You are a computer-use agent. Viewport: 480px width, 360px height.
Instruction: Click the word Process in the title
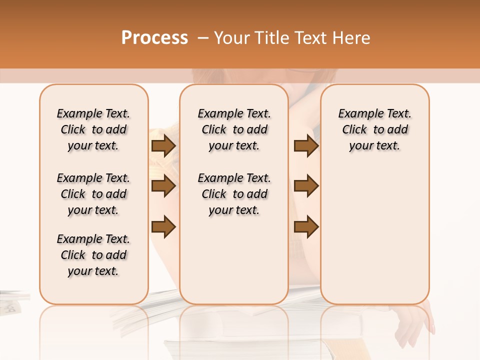click(154, 38)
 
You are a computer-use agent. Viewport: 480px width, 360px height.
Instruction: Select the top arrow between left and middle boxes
click(163, 146)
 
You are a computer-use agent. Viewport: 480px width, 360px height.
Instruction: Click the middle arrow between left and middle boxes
click(163, 186)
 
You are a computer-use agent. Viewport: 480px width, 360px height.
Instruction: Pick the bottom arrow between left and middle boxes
click(163, 226)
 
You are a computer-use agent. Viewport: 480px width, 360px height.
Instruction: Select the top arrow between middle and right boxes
click(306, 146)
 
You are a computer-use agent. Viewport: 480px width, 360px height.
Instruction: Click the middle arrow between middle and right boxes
click(306, 186)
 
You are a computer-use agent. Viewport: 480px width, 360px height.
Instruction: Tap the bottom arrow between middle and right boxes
click(306, 226)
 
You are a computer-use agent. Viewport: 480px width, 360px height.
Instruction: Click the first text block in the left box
click(93, 129)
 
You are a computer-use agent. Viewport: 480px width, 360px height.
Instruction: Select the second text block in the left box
click(93, 194)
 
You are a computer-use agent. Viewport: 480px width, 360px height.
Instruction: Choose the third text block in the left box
click(93, 255)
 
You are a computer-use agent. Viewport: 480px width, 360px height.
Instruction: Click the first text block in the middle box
click(234, 129)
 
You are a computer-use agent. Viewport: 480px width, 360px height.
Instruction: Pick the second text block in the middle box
click(234, 194)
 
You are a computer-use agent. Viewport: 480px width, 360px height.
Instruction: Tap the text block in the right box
click(375, 129)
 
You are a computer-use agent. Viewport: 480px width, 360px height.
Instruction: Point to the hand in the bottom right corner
click(418, 325)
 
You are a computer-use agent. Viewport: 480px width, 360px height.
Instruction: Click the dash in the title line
click(203, 38)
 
